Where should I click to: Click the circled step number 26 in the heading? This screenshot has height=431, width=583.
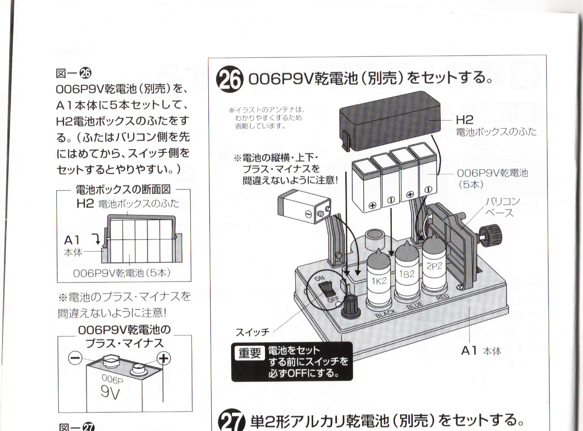228,80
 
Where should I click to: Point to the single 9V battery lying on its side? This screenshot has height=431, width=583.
305,208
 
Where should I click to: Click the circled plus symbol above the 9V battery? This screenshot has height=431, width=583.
165,358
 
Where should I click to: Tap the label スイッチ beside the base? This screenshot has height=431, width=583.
252,333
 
